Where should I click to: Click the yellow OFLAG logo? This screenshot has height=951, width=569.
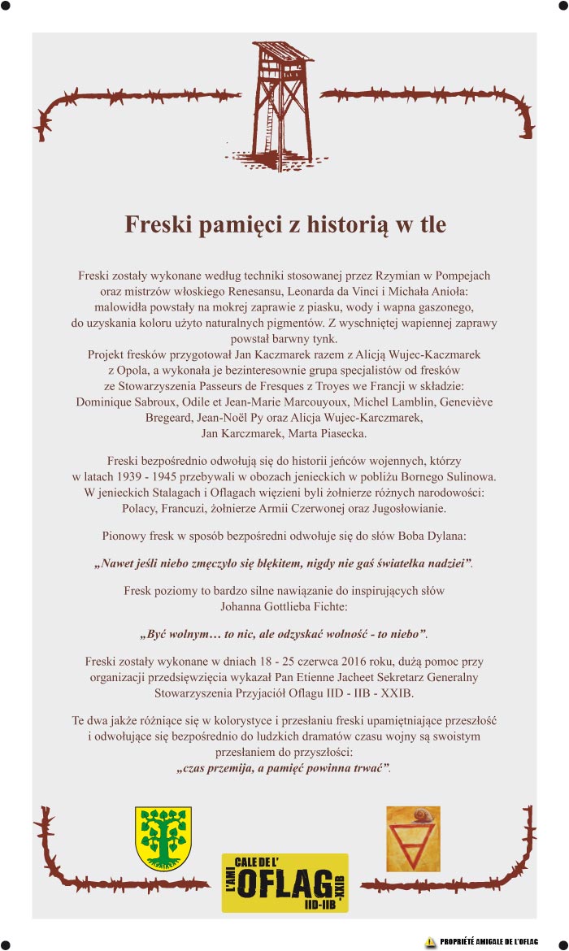(x=284, y=882)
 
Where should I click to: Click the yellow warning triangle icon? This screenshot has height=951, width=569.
(x=430, y=941)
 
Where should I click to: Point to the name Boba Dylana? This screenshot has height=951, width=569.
(x=427, y=536)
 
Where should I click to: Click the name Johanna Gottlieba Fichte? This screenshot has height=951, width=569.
(x=284, y=606)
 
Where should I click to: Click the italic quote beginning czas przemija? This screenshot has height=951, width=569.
(x=284, y=767)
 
